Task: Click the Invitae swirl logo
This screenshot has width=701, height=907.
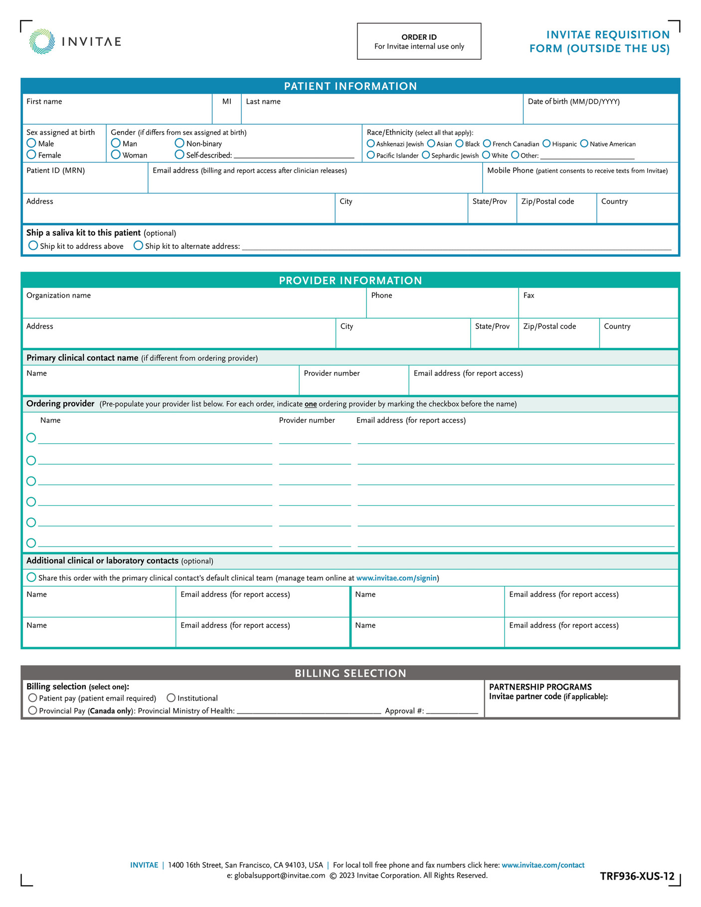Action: [x=42, y=41]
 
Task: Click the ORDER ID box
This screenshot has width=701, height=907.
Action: [x=419, y=41]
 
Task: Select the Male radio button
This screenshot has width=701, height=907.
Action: [x=31, y=143]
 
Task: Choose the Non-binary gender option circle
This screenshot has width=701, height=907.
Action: [x=179, y=143]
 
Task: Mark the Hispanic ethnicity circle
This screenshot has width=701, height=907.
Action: [x=546, y=144]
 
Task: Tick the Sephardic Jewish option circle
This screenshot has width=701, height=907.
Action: [x=426, y=155]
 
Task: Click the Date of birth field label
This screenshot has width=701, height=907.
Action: [x=573, y=102]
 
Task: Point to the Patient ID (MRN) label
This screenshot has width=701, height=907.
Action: [x=55, y=171]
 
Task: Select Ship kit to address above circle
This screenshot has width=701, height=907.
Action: [x=33, y=246]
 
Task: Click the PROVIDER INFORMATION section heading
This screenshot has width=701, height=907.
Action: [x=350, y=280]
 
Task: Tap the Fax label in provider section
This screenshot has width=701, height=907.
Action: [x=528, y=296]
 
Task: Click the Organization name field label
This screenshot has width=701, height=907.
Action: [x=58, y=296]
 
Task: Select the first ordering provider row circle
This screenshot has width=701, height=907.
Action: [x=31, y=438]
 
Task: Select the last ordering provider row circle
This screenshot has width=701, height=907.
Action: [x=31, y=543]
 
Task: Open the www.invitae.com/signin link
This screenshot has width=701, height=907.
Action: [x=396, y=578]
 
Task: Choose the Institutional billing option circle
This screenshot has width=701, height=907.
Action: [x=171, y=698]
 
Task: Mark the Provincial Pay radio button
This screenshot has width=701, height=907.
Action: [x=32, y=711]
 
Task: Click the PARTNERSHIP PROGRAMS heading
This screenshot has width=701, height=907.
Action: [x=540, y=687]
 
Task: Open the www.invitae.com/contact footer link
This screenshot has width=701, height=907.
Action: [x=542, y=865]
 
